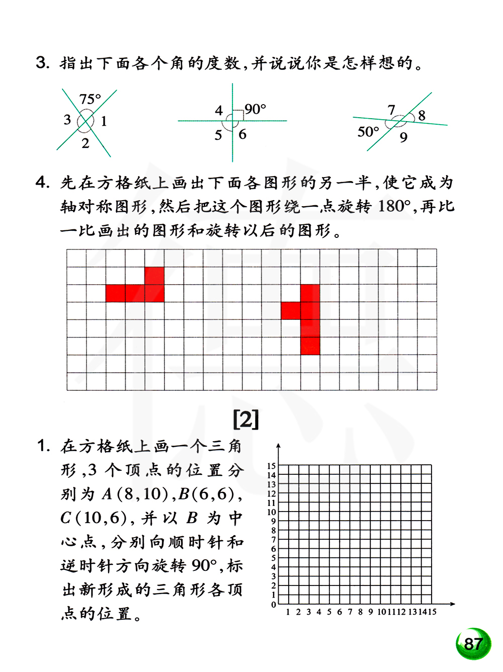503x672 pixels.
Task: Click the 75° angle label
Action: tap(90, 99)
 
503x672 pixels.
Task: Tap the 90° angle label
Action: tap(256, 109)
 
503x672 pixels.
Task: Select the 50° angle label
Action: tap(368, 132)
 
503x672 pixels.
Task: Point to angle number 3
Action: tap(67, 120)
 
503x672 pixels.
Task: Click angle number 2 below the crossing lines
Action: tap(86, 143)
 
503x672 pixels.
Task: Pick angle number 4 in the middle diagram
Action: tap(219, 110)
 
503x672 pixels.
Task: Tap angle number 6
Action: tap(242, 134)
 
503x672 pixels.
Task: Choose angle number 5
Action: tap(218, 135)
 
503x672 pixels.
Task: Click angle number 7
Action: tap(391, 110)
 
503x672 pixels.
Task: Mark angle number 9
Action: tap(403, 137)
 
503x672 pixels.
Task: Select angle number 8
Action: tap(422, 116)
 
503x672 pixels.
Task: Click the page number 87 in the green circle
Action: tap(473, 644)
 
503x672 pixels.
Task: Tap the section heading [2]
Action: tap(246, 419)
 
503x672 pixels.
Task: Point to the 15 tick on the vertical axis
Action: tap(272, 466)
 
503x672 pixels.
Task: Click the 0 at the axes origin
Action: tap(274, 605)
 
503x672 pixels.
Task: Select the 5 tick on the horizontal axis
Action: tap(329, 612)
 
